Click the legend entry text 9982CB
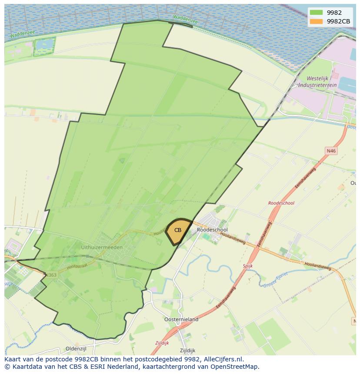338,21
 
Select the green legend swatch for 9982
317,13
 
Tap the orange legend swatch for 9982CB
317,21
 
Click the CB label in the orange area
178,230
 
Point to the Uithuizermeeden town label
102,247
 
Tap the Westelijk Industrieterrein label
322,82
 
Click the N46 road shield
331,151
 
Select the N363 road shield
51,275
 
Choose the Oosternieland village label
181,319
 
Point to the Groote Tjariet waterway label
275,280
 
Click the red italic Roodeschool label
281,203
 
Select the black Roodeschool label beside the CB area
212,230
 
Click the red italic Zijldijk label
162,343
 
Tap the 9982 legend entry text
334,13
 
